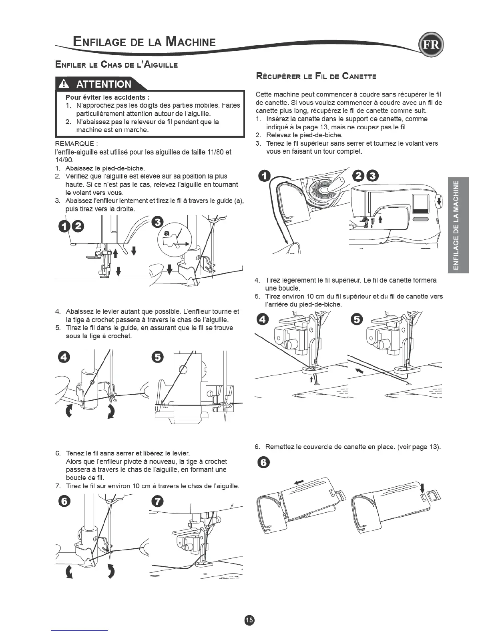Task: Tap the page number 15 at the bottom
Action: point(249,620)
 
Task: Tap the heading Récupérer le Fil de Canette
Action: point(316,76)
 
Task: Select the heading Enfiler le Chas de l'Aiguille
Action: point(116,64)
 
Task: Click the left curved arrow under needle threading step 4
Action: point(70,411)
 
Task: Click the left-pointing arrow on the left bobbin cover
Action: point(299,482)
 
